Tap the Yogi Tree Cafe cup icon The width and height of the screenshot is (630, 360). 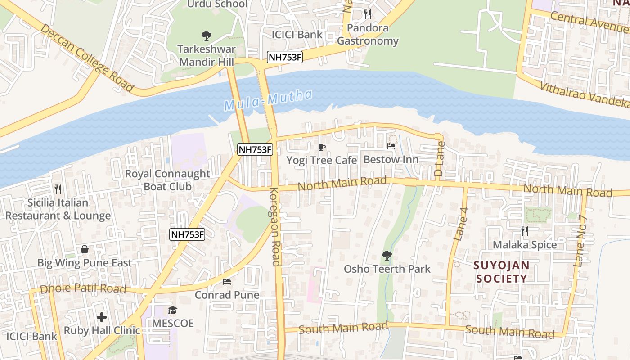322,147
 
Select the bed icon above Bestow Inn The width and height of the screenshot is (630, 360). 391,146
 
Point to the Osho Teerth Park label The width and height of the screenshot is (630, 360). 387,269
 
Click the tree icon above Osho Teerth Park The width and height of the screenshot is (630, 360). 387,256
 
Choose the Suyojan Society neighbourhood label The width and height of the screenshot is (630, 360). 501,272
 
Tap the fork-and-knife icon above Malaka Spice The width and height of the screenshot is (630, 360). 524,231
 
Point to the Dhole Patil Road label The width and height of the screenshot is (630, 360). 83,288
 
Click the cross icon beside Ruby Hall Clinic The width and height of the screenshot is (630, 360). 102,317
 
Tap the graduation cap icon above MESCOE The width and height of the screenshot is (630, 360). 172,310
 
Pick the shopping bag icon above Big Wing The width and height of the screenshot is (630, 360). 84,249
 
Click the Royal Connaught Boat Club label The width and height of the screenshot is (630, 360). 167,180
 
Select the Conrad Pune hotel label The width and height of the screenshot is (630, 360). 227,295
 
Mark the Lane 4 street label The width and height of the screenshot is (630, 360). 462,224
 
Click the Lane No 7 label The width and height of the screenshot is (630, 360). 581,241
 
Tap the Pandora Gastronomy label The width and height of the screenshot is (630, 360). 368,34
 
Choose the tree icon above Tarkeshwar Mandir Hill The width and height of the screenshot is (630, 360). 207,36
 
